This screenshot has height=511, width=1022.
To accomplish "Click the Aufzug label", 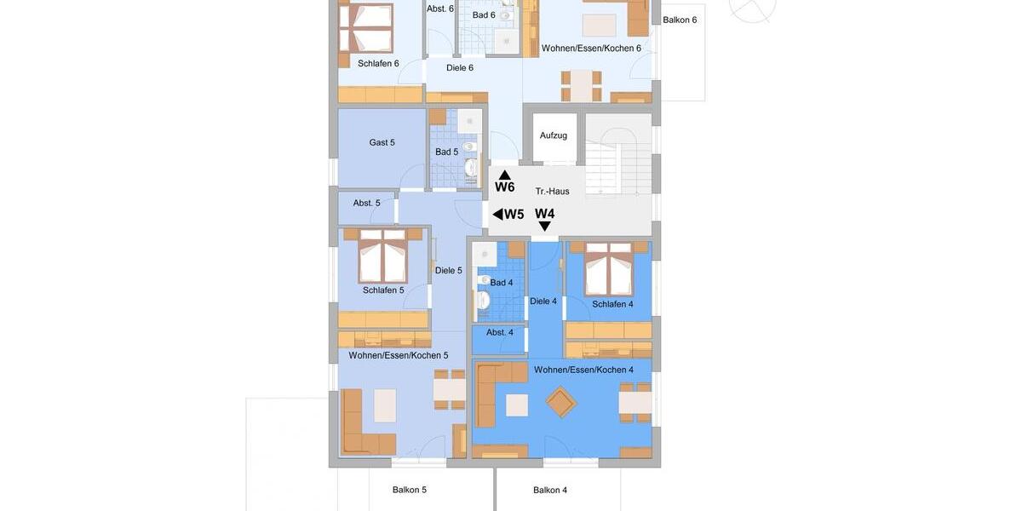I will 553,135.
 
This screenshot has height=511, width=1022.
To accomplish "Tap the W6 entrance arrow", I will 504,175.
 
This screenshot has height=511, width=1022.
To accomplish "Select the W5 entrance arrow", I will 498,215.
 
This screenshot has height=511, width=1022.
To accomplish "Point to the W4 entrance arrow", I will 545,227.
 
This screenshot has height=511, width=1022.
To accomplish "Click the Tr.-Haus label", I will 552,192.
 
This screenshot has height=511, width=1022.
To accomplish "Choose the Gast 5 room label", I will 382,143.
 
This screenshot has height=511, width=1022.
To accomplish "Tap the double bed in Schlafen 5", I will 382,256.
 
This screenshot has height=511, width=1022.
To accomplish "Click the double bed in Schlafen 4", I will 608,268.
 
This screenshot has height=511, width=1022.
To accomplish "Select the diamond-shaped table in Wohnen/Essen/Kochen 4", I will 560,402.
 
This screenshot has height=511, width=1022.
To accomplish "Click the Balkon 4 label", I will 549,491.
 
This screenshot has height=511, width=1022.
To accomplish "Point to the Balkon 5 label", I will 409,491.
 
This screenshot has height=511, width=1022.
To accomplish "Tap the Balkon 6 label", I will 679,20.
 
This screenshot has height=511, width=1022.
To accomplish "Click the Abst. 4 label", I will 499,333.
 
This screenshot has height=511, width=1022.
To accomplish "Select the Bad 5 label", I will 446,152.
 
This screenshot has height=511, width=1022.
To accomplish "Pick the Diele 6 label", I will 459,68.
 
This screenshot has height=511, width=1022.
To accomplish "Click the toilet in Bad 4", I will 483,300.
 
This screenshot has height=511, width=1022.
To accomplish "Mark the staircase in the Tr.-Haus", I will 617,153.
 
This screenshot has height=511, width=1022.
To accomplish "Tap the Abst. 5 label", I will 366,204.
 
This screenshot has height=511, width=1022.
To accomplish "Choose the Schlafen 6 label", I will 378,64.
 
